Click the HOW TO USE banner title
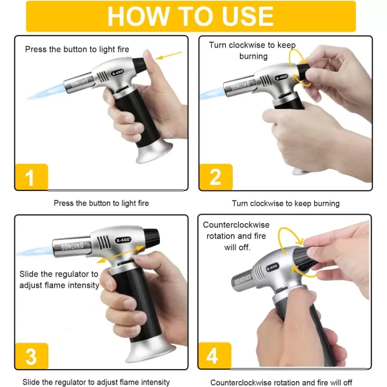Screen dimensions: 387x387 coord(190,16)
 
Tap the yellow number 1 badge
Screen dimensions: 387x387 coord(32,177)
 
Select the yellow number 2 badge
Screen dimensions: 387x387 coord(216,177)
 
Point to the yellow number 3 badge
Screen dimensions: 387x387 coord(32,356)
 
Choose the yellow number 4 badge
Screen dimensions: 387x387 coord(215,355)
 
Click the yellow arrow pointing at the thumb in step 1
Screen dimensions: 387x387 coord(169,55)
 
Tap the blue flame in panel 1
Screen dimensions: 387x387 coord(45,92)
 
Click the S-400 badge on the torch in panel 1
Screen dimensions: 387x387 coord(117,73)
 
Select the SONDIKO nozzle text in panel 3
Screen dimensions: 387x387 coord(72,246)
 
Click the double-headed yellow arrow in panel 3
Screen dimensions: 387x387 coord(121,253)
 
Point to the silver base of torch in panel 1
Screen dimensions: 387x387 coord(154,151)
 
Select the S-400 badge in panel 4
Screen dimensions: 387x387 coord(272,267)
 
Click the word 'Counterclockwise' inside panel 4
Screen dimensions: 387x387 coord(236,225)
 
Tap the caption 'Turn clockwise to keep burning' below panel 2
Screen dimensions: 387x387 coord(286,203)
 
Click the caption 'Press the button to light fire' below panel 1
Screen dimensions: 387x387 coord(101,203)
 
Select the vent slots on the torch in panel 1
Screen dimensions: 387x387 coord(103,77)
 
